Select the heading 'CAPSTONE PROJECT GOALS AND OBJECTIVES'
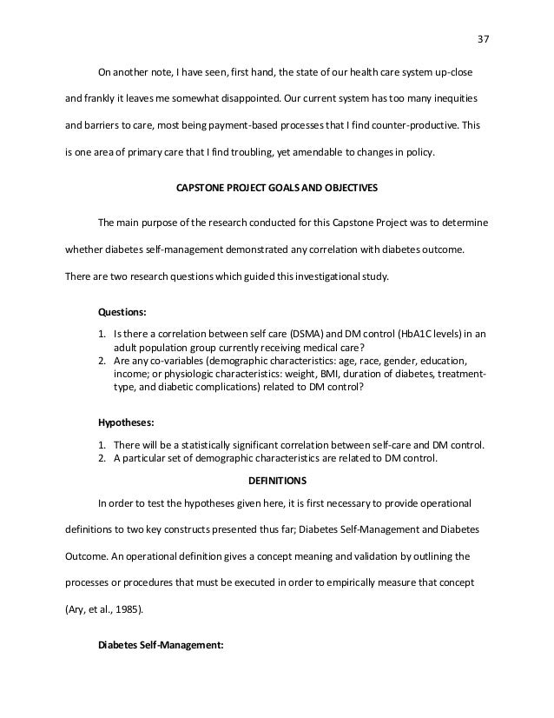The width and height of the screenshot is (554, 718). click(x=276, y=186)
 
